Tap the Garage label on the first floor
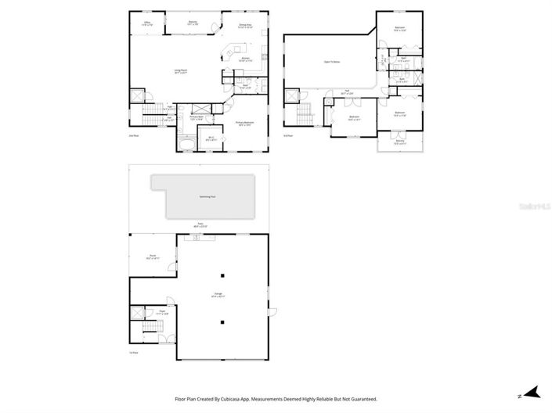point(219,296)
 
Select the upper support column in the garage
point(222,275)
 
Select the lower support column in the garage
point(222,321)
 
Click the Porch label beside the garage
point(153,257)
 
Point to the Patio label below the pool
point(200,226)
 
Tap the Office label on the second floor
point(147,24)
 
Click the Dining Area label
point(245,26)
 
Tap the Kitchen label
point(245,59)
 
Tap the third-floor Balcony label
point(399,143)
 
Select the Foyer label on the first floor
point(162,312)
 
